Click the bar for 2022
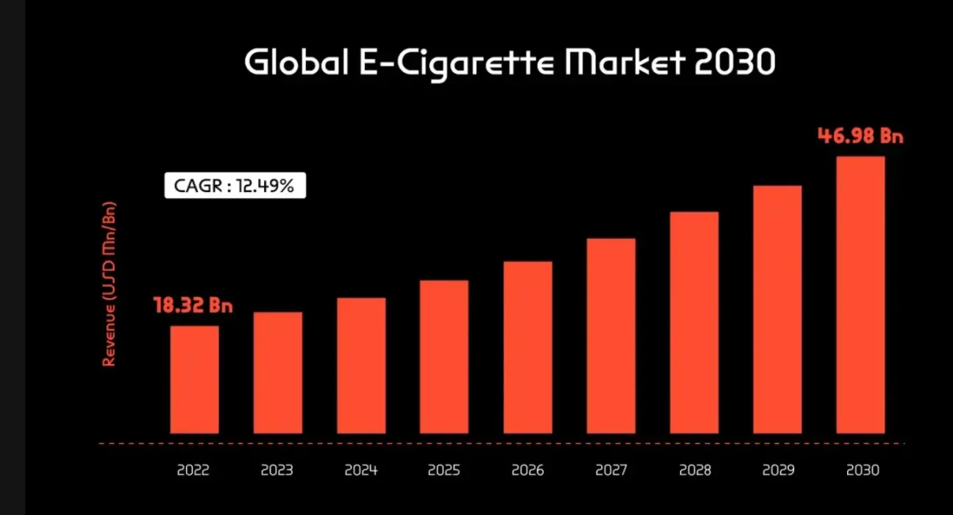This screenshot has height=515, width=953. (x=194, y=380)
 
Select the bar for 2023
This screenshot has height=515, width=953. (x=278, y=373)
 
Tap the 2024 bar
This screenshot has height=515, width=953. (x=361, y=366)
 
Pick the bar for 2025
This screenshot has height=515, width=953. (x=444, y=357)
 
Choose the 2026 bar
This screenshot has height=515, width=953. (x=528, y=347)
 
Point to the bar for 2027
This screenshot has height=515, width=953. (x=611, y=336)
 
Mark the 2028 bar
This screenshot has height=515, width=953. (x=694, y=323)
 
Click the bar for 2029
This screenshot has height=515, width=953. (x=777, y=310)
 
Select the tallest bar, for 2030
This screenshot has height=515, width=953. (x=861, y=295)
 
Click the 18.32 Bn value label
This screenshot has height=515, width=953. (x=193, y=305)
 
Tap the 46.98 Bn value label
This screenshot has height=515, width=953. (x=860, y=136)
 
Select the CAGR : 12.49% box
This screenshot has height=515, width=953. (x=235, y=186)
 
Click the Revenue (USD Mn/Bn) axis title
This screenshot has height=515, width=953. (x=110, y=283)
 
